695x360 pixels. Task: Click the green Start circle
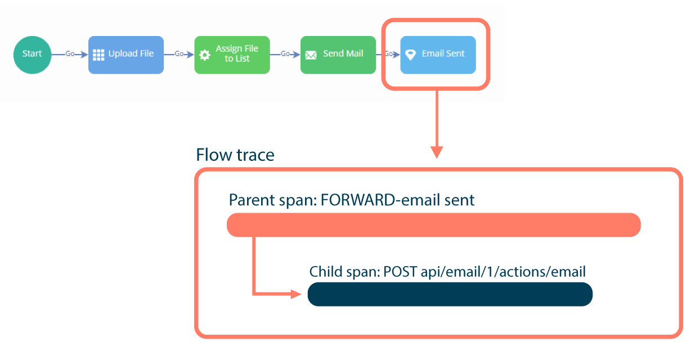(x=32, y=55)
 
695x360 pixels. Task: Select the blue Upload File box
(x=125, y=55)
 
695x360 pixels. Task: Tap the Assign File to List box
(x=232, y=55)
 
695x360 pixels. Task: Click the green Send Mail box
(x=338, y=55)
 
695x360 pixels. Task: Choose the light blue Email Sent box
(x=438, y=55)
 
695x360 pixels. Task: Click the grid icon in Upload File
(x=99, y=55)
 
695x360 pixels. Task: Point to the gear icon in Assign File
(x=205, y=55)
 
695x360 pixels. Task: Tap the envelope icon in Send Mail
(x=311, y=55)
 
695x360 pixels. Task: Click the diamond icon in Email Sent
(x=411, y=55)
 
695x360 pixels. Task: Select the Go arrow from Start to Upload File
(x=70, y=54)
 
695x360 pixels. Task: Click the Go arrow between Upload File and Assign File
(x=179, y=54)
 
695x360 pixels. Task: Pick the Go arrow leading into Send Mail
(x=285, y=54)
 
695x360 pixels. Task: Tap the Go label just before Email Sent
(x=388, y=54)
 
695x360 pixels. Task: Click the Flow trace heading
(x=235, y=155)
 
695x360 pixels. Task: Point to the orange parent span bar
(x=433, y=225)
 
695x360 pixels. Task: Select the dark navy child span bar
(x=450, y=294)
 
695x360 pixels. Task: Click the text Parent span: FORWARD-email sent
(x=352, y=200)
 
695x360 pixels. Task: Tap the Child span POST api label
(x=447, y=272)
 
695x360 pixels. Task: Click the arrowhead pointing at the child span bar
(x=295, y=294)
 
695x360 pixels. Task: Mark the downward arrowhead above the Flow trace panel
(x=437, y=152)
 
